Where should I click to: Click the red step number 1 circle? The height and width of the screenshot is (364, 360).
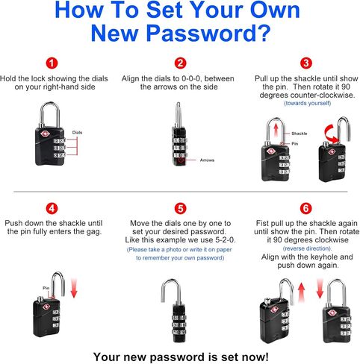click(x=52, y=63)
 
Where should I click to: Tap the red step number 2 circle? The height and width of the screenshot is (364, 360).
click(x=180, y=63)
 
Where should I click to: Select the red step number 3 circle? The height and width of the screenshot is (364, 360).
click(x=306, y=63)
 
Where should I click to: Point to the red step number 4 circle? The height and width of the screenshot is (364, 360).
click(x=52, y=208)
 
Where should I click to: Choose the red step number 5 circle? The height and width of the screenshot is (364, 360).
click(x=180, y=208)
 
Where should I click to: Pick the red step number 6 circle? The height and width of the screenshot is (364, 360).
click(x=306, y=208)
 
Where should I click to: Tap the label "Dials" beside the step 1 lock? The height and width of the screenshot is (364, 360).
click(x=77, y=133)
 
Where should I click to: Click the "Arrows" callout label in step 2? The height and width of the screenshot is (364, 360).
click(x=207, y=160)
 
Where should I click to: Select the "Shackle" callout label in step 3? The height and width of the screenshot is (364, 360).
click(x=300, y=134)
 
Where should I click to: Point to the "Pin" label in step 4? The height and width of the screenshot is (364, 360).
click(x=46, y=288)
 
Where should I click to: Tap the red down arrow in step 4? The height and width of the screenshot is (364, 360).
click(x=74, y=289)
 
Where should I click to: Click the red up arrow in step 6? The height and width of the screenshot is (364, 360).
click(x=301, y=292)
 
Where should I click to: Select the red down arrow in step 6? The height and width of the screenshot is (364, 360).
click(x=320, y=289)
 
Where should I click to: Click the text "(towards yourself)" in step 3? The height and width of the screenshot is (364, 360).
click(x=308, y=103)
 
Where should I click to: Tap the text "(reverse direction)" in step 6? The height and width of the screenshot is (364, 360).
click(x=308, y=248)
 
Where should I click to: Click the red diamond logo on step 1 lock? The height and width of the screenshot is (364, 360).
click(x=46, y=134)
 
